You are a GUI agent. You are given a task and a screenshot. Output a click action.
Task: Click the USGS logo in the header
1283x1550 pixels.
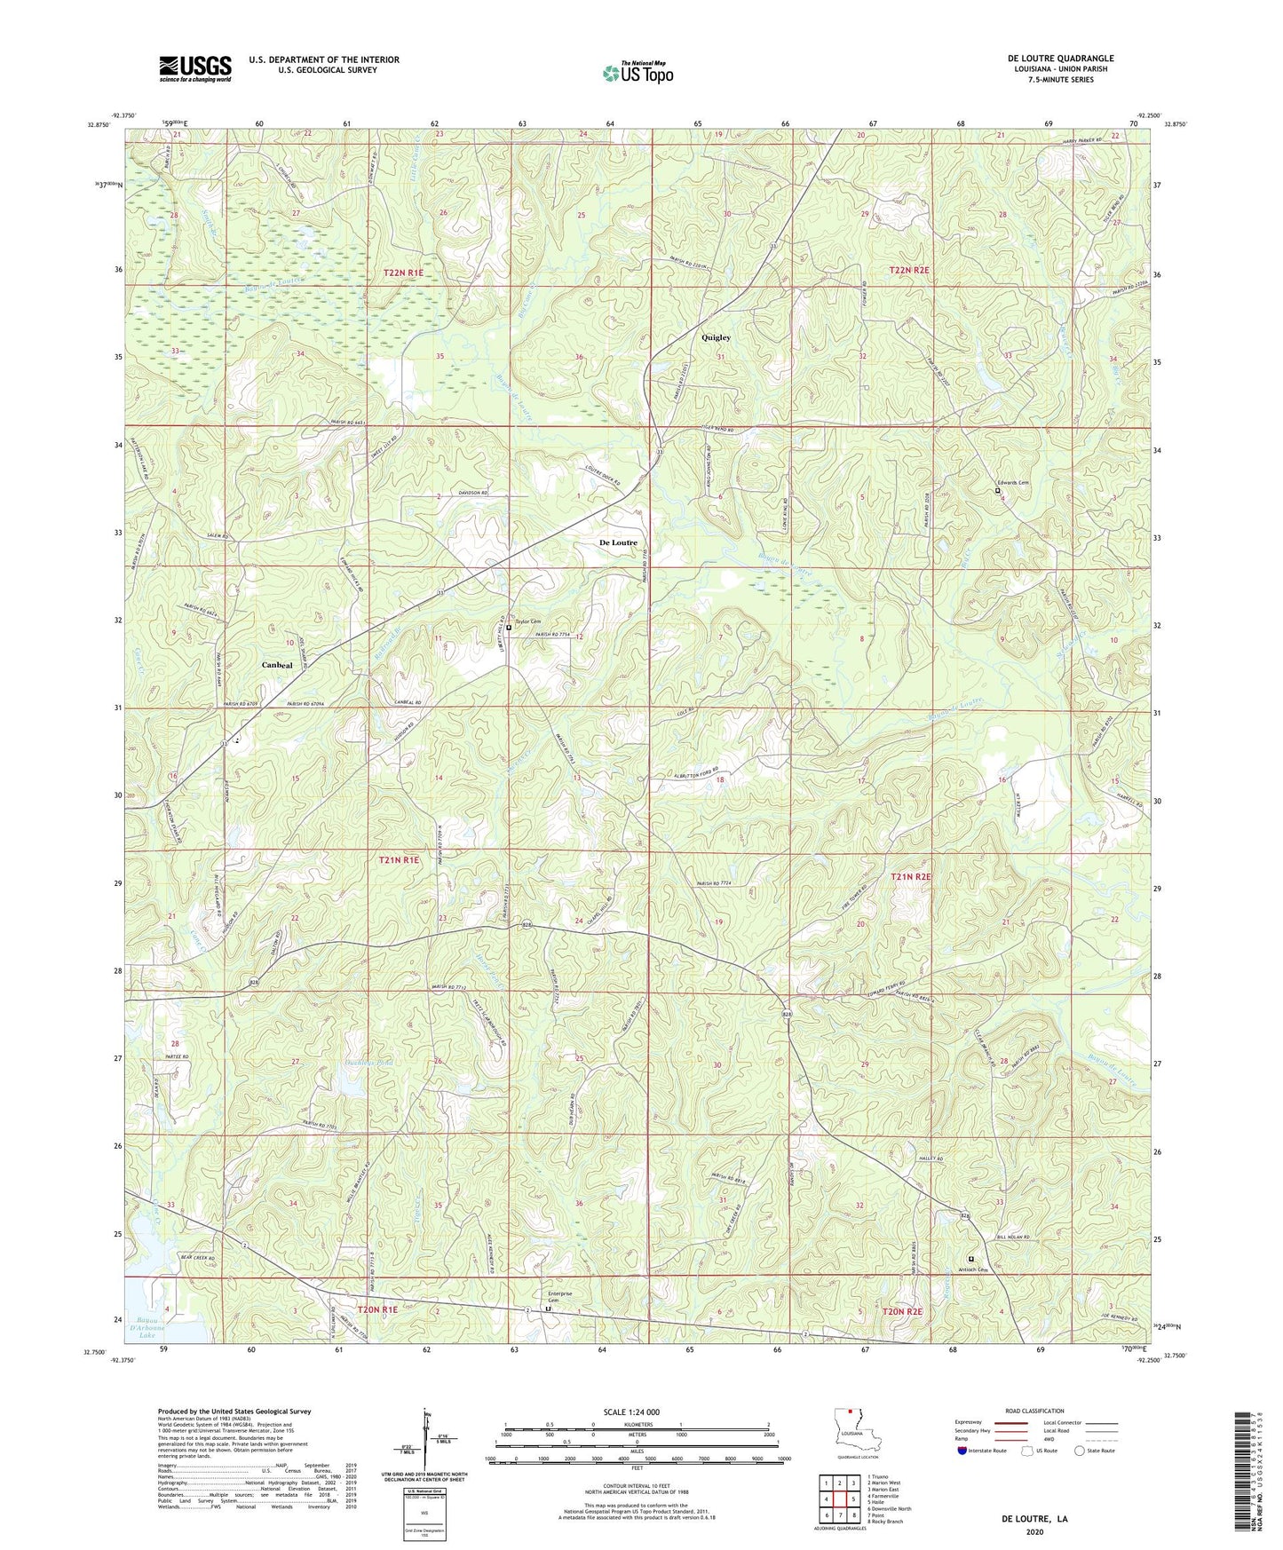pos(194,68)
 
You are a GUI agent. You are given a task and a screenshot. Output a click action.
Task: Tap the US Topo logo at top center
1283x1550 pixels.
pos(638,73)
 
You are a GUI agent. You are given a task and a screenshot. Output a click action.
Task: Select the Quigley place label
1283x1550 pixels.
pos(716,337)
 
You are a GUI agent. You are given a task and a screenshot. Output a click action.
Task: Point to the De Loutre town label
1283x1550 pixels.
pos(618,542)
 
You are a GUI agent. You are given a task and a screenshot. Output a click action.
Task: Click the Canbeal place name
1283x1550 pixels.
pos(277,665)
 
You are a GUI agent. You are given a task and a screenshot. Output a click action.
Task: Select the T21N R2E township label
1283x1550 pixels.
pos(911,876)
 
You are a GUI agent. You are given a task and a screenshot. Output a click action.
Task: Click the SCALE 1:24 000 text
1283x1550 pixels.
pos(631,1412)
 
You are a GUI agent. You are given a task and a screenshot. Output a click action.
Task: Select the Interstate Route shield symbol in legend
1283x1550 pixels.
pos(962,1451)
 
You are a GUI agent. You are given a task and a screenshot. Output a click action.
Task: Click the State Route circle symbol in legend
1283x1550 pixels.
pos(1080,1451)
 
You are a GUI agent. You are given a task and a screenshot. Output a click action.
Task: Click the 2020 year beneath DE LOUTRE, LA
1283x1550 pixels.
pos(1034,1531)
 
